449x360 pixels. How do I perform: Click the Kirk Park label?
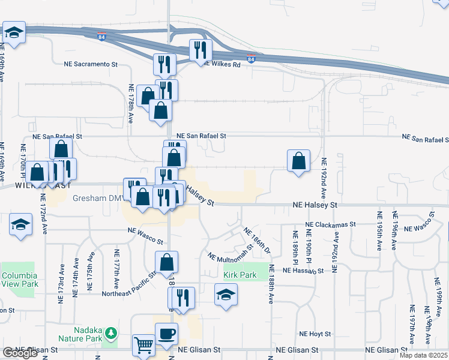point(240,275)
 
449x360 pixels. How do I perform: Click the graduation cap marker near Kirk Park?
point(226,295)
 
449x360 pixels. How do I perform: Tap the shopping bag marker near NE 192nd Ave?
point(298,161)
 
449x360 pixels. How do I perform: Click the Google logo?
point(20,353)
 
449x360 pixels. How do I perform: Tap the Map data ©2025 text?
point(424,355)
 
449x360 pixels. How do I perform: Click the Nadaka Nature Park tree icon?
point(110,332)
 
